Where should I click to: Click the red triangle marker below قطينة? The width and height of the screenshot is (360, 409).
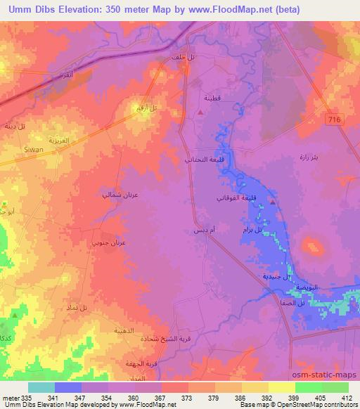[x=201, y=112]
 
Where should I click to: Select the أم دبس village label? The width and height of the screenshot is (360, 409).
[x=200, y=230]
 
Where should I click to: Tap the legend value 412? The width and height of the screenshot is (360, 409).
[x=347, y=398]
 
